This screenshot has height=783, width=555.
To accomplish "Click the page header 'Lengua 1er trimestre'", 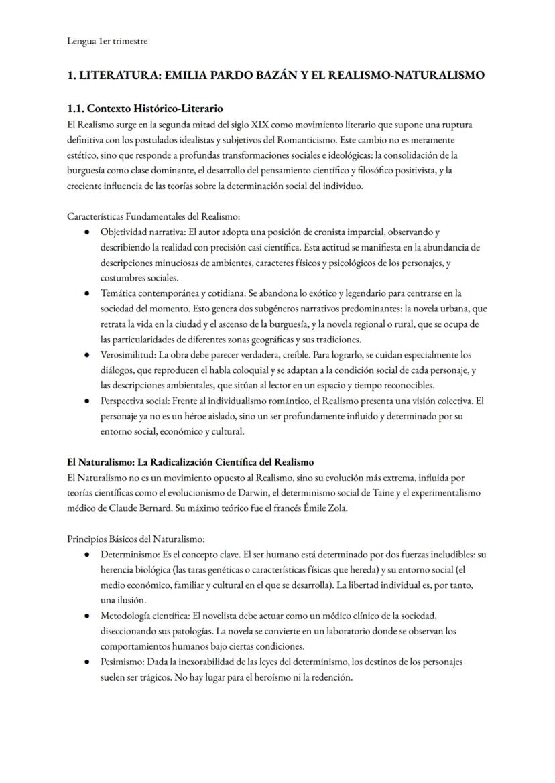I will (x=107, y=41).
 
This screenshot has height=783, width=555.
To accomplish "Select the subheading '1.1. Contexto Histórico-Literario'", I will (x=145, y=108).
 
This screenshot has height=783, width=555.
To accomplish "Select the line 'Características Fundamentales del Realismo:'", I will (x=153, y=216).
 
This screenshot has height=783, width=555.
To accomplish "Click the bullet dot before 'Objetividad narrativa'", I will (x=88, y=232).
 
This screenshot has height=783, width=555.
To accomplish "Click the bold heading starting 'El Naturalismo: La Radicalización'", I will (x=190, y=462).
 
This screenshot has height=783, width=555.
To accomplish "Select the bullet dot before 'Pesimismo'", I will (x=88, y=662).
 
